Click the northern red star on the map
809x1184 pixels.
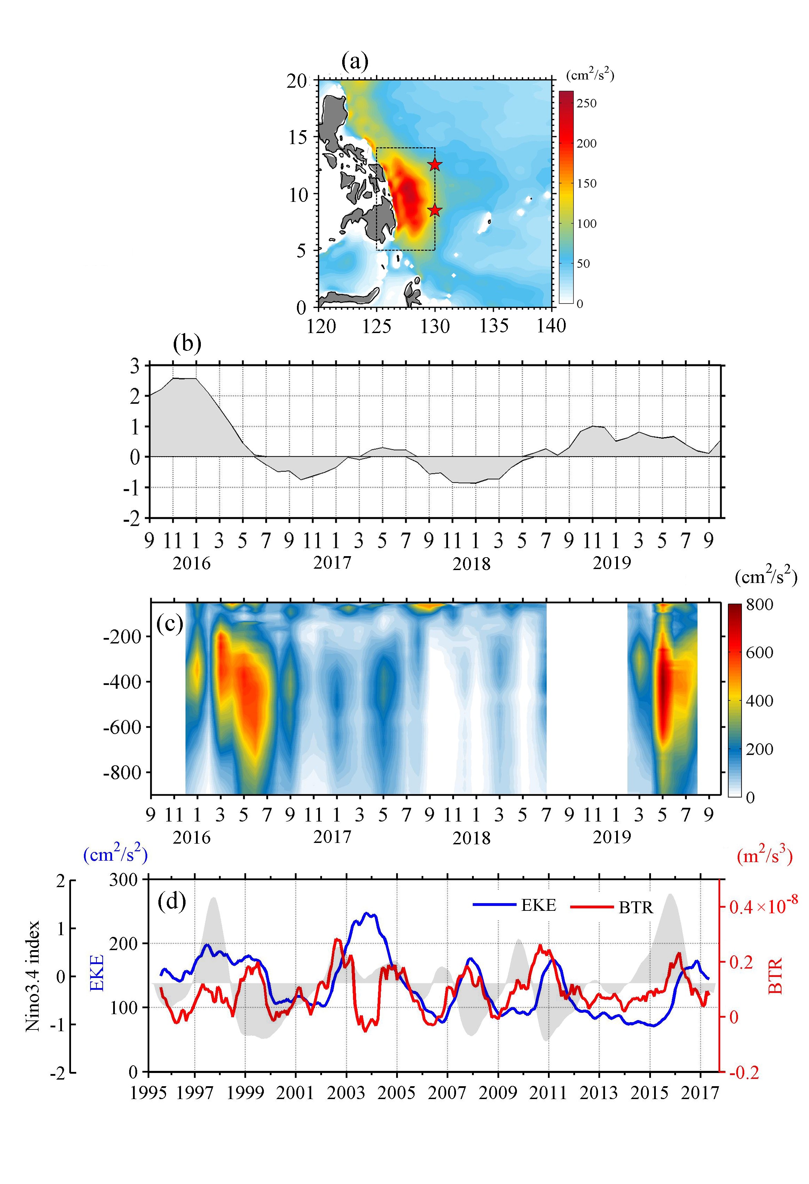[x=434, y=164]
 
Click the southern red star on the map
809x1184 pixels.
[x=434, y=210]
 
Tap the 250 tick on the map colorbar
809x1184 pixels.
[x=586, y=103]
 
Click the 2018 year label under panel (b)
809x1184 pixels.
[x=471, y=564]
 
